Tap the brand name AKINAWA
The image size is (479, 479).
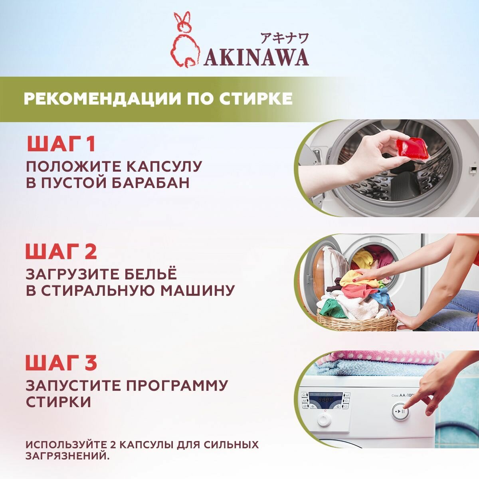pos(256,58)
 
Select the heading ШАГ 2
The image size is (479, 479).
pos(61,251)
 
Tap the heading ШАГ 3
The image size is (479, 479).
pos(61,362)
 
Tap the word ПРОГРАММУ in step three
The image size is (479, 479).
pos(176,386)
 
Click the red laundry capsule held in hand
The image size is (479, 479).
pos(413,148)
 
